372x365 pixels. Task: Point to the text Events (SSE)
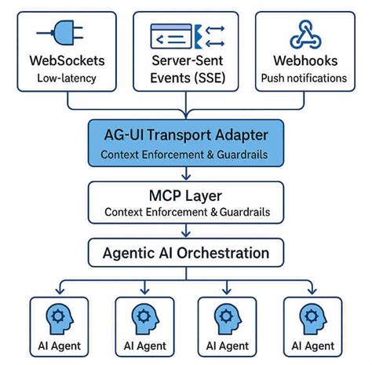point(186,78)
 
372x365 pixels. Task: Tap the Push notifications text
point(305,78)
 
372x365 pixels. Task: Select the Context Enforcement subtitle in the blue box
point(185,155)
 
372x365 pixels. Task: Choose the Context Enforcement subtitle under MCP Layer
point(185,212)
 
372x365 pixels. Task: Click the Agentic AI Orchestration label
point(185,253)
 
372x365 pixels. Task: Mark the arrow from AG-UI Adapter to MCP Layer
point(185,174)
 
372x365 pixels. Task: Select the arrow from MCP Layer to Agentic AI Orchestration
point(185,232)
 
